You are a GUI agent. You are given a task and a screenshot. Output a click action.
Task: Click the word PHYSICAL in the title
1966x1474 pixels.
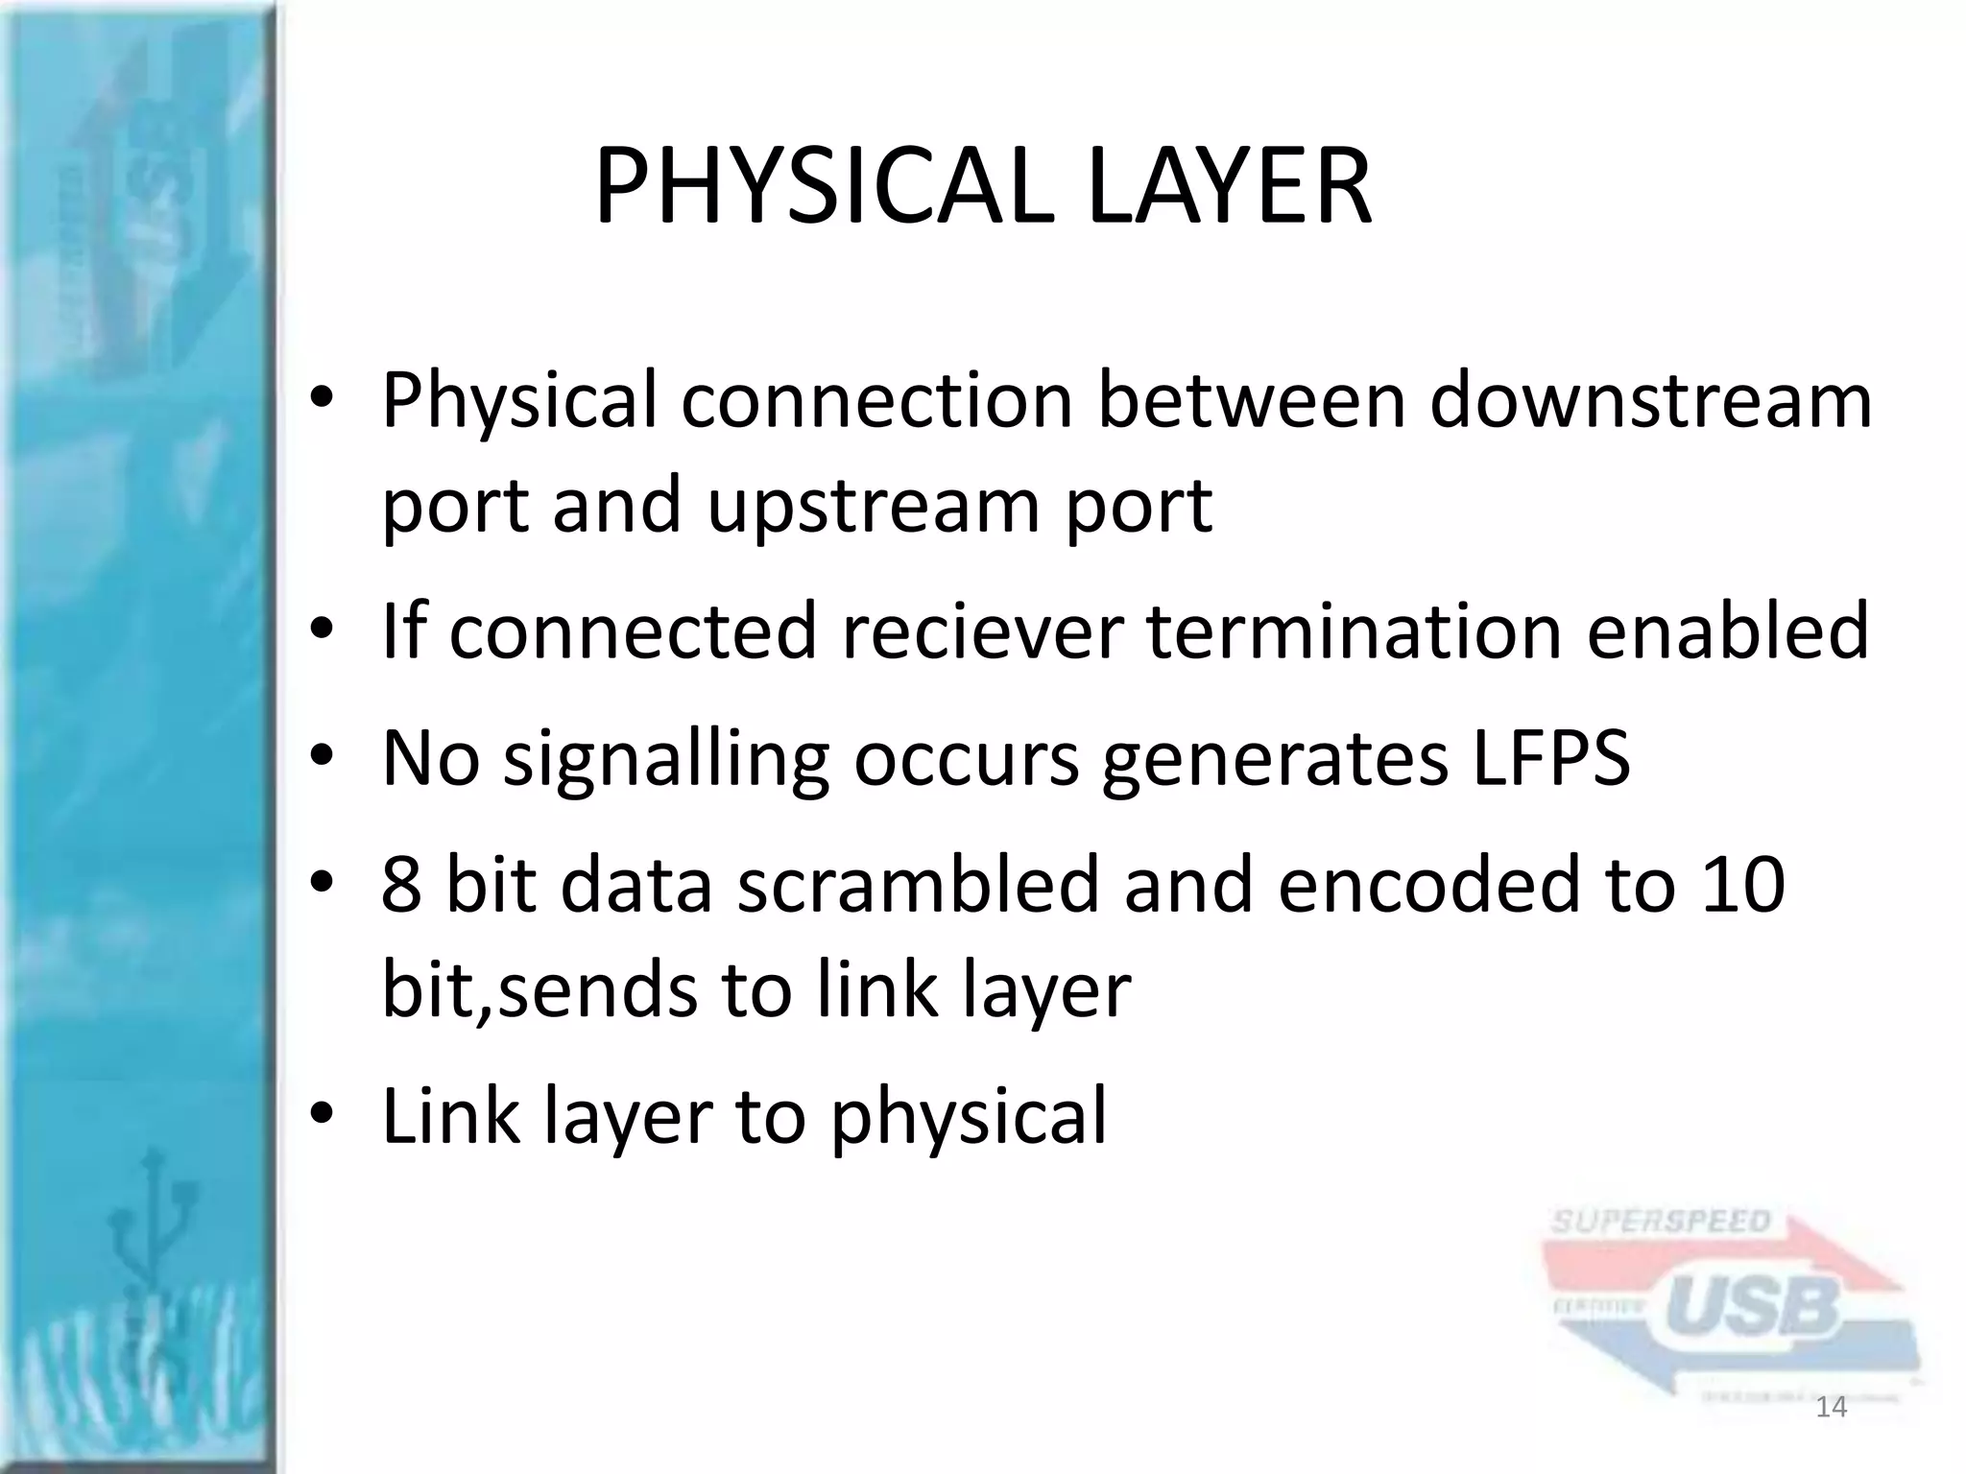[x=816, y=187]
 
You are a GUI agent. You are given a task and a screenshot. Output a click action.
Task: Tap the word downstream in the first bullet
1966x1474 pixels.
[x=1650, y=400]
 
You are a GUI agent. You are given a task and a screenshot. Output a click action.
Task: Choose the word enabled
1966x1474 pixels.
[x=1727, y=630]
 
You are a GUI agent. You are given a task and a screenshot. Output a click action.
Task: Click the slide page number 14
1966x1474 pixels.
[x=1832, y=1408]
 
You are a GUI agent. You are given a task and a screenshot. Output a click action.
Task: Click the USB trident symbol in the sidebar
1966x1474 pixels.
[x=152, y=1238]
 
